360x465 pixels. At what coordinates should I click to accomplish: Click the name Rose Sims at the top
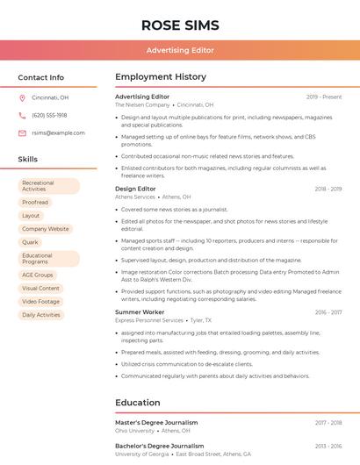point(180,25)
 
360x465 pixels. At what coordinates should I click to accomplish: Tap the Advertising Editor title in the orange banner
point(180,50)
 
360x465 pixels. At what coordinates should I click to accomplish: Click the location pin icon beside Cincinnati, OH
point(22,97)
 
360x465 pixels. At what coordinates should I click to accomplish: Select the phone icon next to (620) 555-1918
point(22,115)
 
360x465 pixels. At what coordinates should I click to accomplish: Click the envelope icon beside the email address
point(22,132)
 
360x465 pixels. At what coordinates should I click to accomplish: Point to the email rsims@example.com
point(58,132)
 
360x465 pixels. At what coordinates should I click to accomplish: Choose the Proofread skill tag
point(35,202)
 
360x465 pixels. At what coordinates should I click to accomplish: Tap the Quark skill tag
point(31,241)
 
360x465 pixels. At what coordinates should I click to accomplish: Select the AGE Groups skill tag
point(38,275)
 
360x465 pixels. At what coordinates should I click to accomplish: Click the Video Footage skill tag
point(41,301)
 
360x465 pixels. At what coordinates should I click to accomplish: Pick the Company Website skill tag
point(45,228)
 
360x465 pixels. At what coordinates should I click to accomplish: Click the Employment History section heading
point(161,77)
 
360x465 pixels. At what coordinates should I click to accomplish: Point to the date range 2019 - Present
point(324,97)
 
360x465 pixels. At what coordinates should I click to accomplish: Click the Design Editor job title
point(135,189)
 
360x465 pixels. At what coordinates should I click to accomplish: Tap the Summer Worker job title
point(140,312)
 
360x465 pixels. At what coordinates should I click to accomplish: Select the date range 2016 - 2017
point(328,312)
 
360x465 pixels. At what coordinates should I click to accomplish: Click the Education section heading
point(138,403)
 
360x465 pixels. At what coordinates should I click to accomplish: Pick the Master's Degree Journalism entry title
point(156,422)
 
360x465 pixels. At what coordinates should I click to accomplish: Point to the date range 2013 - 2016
point(328,446)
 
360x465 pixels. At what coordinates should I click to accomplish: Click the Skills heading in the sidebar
point(28,160)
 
